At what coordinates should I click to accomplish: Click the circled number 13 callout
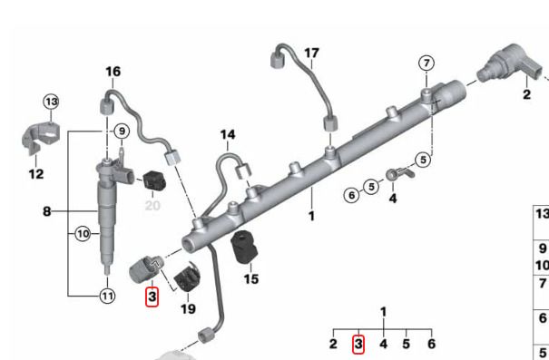click(52, 102)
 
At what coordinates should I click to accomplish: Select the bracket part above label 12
click(40, 137)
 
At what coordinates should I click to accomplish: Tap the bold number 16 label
click(113, 72)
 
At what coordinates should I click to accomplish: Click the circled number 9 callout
click(122, 131)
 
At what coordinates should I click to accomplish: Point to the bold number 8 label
click(47, 211)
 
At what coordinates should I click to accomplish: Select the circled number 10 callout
click(83, 234)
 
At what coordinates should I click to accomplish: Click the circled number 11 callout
click(107, 297)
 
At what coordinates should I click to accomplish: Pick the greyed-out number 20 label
click(152, 206)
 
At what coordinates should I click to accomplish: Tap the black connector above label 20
click(154, 180)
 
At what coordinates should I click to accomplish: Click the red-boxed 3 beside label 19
click(152, 297)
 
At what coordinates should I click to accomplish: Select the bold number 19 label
click(188, 309)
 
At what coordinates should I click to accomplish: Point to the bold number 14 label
click(228, 135)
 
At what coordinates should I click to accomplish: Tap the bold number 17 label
click(311, 54)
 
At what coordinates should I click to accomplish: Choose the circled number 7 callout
click(426, 63)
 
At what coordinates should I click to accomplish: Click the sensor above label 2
click(508, 63)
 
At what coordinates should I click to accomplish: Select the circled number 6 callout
click(351, 195)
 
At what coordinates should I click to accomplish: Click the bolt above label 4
click(400, 174)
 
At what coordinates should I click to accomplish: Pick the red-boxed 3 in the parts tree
click(358, 345)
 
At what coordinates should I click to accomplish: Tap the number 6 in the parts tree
click(432, 344)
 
